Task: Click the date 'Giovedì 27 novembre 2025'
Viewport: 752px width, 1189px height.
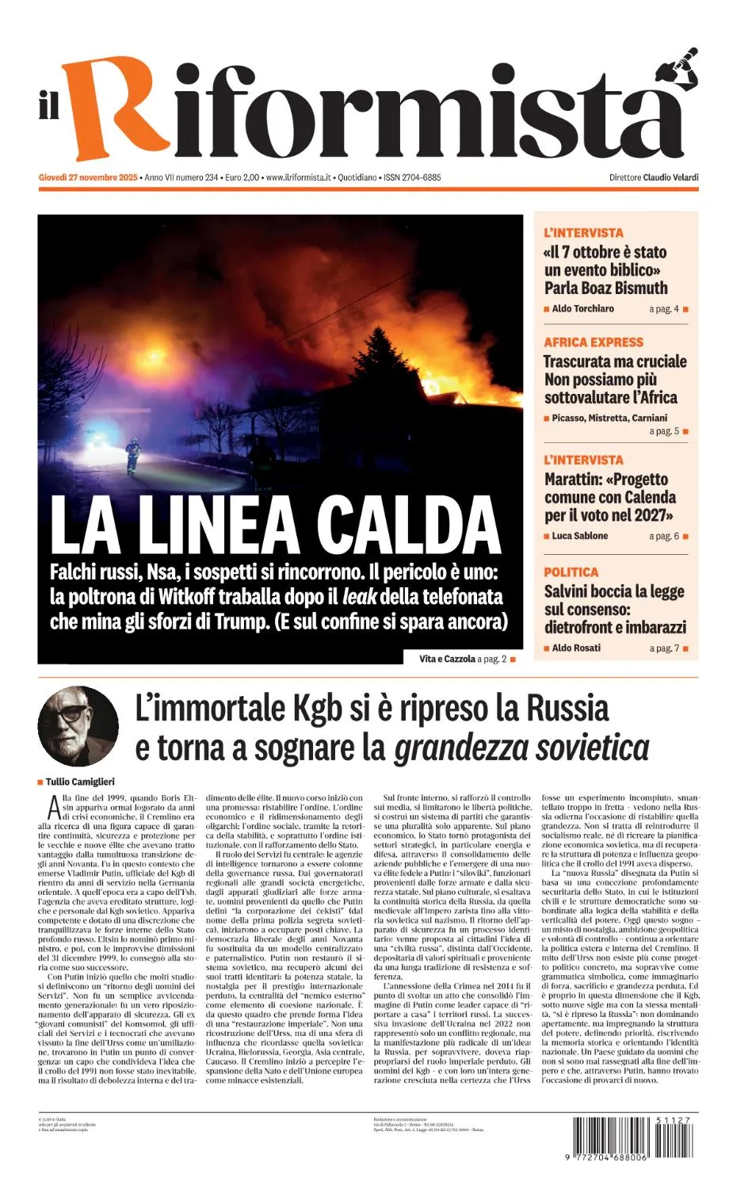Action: pyautogui.click(x=88, y=178)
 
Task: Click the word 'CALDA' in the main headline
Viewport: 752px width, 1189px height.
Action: pyautogui.click(x=409, y=526)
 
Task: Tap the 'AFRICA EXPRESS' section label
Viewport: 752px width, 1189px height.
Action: pyautogui.click(x=594, y=342)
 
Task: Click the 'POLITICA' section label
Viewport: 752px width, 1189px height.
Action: pyautogui.click(x=571, y=572)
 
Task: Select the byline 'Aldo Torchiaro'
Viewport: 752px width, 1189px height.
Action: pyautogui.click(x=582, y=309)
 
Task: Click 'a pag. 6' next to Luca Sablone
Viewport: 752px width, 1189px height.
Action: pyautogui.click(x=664, y=537)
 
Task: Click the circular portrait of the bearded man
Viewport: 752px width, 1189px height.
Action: pyautogui.click(x=78, y=726)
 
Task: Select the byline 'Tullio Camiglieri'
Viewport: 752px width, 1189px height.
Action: pyautogui.click(x=80, y=782)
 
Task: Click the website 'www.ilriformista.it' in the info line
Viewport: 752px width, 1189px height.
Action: pyautogui.click(x=297, y=178)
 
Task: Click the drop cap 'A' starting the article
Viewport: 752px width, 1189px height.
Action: pyautogui.click(x=53, y=808)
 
